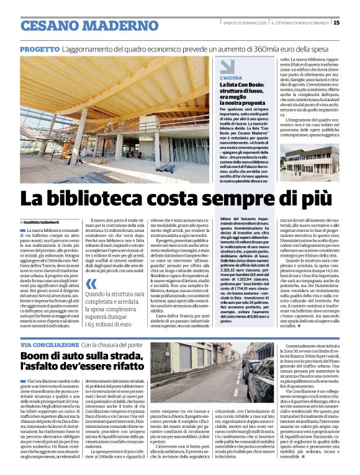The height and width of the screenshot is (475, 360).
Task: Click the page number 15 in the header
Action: (x=336, y=23)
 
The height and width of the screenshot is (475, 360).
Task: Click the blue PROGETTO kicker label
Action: (x=40, y=48)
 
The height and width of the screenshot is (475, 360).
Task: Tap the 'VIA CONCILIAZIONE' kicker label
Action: (x=49, y=344)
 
